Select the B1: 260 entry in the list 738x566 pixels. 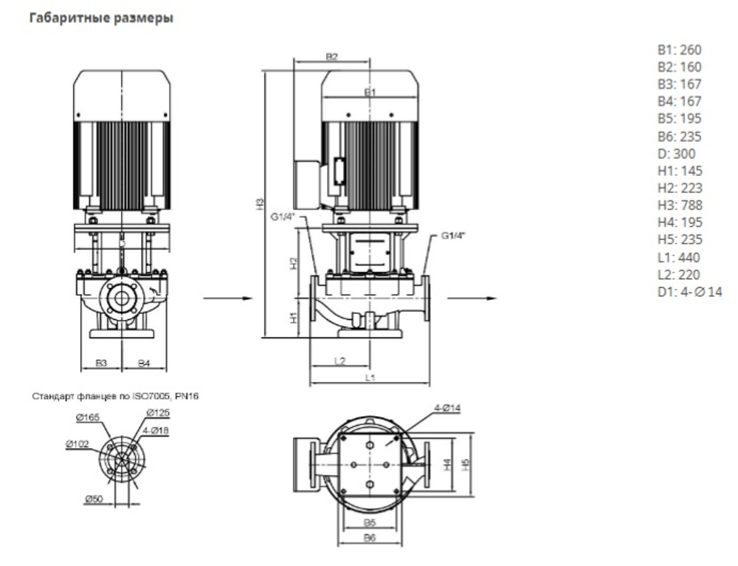(680, 50)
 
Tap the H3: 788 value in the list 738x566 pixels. (680, 205)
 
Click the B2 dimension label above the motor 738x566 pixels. (331, 56)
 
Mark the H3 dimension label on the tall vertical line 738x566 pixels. (259, 202)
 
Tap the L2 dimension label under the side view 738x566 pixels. (340, 361)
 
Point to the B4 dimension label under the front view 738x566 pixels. (145, 363)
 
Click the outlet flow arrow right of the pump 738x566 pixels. (472, 299)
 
